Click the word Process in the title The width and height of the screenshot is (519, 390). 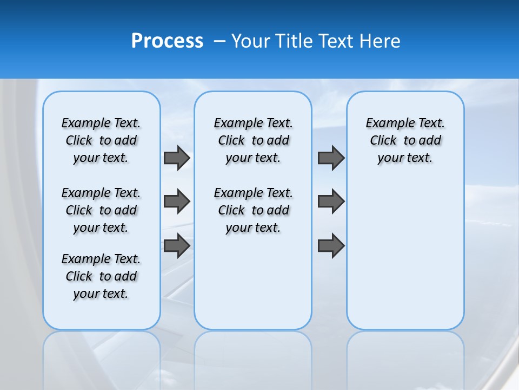pos(167,41)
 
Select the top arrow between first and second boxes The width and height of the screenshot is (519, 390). pos(177,158)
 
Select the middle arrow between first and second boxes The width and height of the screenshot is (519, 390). pos(177,201)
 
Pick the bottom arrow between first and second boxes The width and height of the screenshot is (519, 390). pos(177,245)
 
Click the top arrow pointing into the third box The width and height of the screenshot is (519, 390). pos(331,158)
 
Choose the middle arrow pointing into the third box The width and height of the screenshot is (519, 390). pos(331,201)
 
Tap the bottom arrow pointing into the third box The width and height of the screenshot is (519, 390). pos(331,245)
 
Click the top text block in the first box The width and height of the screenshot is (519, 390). pos(101,140)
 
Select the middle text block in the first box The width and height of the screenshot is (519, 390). pos(101,210)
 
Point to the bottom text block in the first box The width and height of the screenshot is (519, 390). pos(101,276)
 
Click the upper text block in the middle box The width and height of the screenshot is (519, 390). pos(253,140)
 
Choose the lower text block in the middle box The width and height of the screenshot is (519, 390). pos(253,210)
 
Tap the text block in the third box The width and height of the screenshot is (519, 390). pos(405,140)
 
